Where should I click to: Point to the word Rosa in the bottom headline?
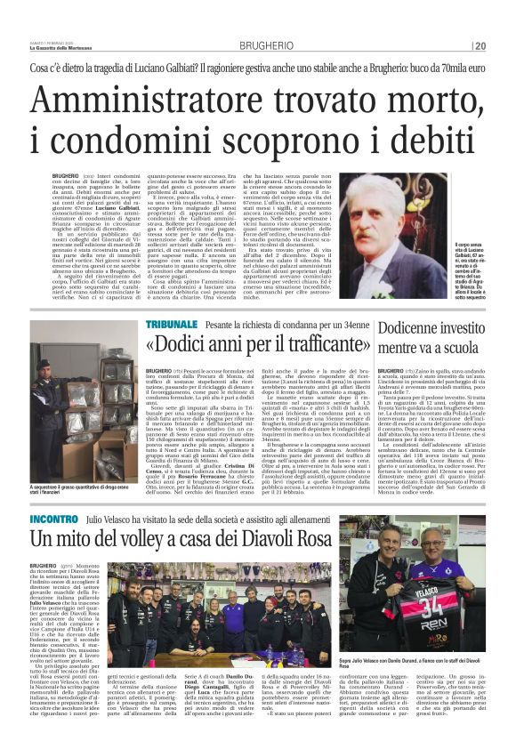pyautogui.click(x=354, y=538)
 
